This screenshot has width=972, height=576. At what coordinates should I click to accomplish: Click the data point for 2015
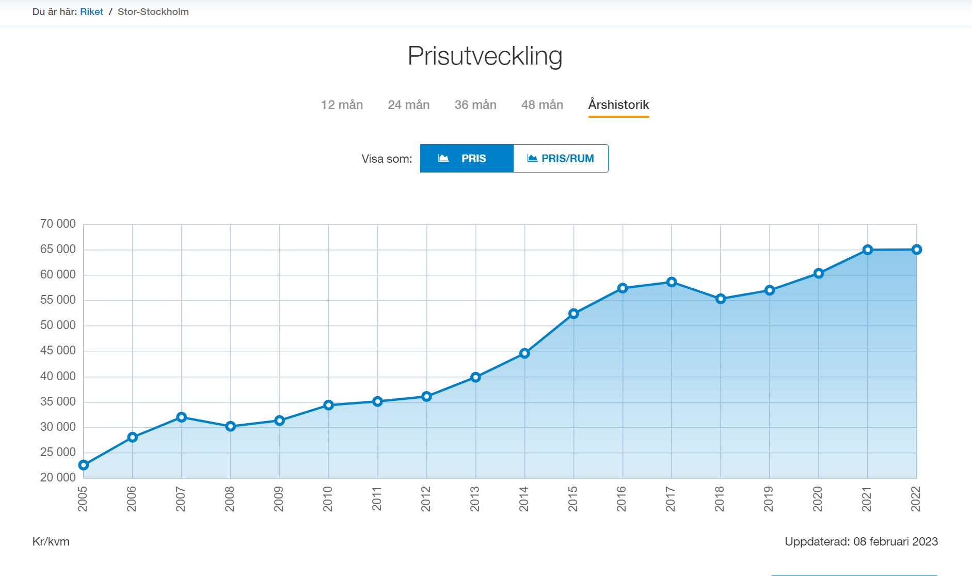coord(573,314)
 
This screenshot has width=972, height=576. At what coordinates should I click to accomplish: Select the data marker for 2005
coord(84,465)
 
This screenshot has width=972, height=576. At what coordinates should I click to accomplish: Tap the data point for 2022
coord(916,250)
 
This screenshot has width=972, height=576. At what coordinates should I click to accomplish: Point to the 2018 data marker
coord(721,299)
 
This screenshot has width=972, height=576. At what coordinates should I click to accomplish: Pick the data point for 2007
coord(182,417)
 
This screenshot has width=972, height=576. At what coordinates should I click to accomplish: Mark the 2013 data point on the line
coord(475,377)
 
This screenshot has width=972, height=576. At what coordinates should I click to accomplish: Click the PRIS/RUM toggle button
coord(561,159)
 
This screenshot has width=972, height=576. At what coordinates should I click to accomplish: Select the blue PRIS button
coord(467,159)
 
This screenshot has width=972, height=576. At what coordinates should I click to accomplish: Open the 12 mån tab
coord(342,105)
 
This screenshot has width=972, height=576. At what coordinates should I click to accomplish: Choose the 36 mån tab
coord(475,105)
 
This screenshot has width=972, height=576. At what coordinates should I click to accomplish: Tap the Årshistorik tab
coord(618,105)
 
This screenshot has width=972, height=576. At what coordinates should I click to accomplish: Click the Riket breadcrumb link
coord(91,12)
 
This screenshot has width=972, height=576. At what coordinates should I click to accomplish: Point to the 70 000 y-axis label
coord(58,224)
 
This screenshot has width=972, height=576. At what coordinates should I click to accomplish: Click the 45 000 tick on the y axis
coord(58,350)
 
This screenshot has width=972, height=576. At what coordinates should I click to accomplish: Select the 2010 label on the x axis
coord(328,499)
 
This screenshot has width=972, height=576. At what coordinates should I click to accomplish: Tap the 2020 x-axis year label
coord(818,499)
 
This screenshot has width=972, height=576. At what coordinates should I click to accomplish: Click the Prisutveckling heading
coord(485,56)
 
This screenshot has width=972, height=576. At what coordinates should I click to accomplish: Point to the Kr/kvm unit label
coord(51,541)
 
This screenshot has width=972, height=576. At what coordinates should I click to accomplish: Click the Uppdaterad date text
coord(861,541)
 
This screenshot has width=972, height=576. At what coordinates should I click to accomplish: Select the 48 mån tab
coord(542,105)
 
